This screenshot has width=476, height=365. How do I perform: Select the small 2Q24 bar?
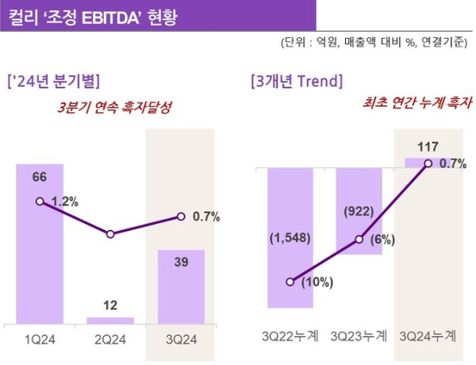110,320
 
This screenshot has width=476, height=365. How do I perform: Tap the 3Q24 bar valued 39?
181,286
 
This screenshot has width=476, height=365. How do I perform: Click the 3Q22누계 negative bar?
290,238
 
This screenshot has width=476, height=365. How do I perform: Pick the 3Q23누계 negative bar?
359,211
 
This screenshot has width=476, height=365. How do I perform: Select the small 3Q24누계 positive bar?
428,163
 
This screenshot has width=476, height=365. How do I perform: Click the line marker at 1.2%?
40,202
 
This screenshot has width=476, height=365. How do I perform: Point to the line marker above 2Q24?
110,234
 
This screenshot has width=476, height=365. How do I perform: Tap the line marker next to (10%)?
290,282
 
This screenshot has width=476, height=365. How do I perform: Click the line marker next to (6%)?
359,239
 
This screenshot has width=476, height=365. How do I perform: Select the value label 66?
39,177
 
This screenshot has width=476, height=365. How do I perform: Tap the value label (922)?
359,212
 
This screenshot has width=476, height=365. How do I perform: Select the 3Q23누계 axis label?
359,336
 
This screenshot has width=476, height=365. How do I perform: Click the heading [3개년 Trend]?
296,81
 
